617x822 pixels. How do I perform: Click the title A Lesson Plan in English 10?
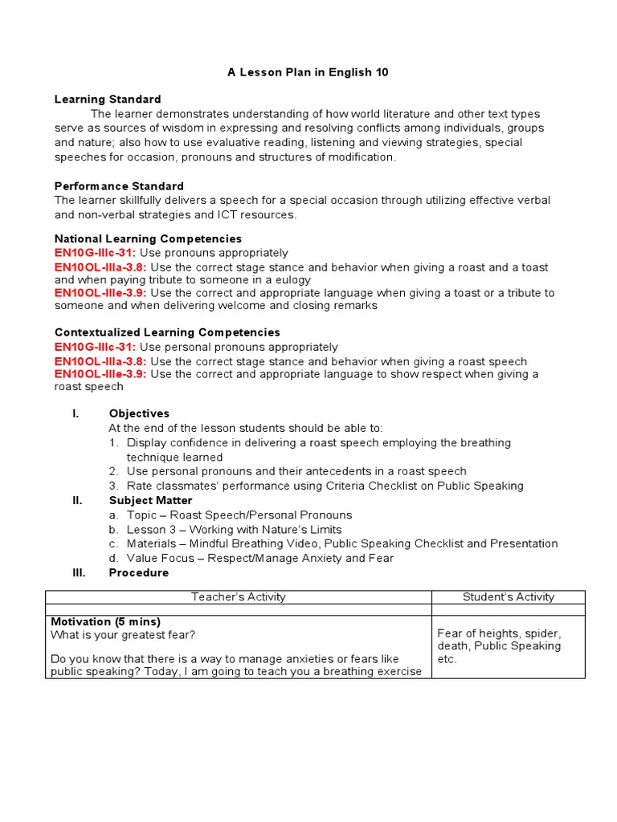(308, 72)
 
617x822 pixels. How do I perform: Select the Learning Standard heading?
(108, 100)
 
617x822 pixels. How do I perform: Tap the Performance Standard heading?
(119, 186)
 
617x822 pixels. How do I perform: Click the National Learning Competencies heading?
(148, 239)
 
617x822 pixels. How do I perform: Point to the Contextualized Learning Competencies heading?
(167, 332)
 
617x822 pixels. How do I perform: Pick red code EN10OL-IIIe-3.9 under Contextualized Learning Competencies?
(100, 374)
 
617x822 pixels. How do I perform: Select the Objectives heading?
(139, 413)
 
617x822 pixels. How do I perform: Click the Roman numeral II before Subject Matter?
(77, 500)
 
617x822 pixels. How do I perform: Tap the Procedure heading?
(139, 572)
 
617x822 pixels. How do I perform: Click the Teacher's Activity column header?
(238, 596)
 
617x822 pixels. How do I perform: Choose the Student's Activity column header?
(508, 596)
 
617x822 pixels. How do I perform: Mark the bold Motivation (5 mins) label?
(105, 621)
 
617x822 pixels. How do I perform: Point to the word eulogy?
(353, 280)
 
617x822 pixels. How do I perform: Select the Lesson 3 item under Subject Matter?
(234, 529)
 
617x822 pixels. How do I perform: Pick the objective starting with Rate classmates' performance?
(325, 486)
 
